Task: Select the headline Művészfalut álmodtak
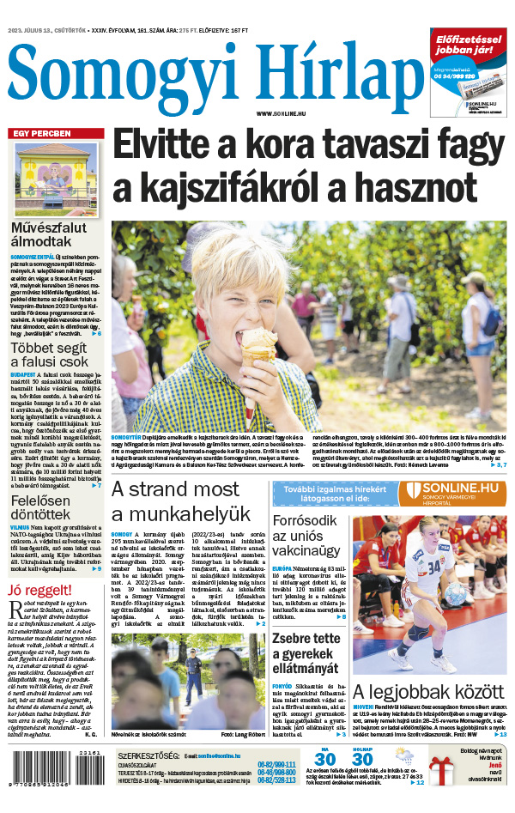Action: click(55, 236)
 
